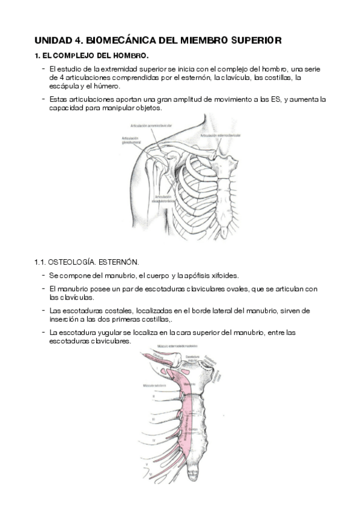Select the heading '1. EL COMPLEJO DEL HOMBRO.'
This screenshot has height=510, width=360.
point(91,56)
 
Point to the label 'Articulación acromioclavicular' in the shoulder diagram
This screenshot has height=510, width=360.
point(151,125)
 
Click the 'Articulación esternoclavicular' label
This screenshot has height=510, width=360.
point(222,136)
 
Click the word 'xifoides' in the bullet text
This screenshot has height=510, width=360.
point(224,276)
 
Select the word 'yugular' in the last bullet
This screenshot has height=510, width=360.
point(108,332)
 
